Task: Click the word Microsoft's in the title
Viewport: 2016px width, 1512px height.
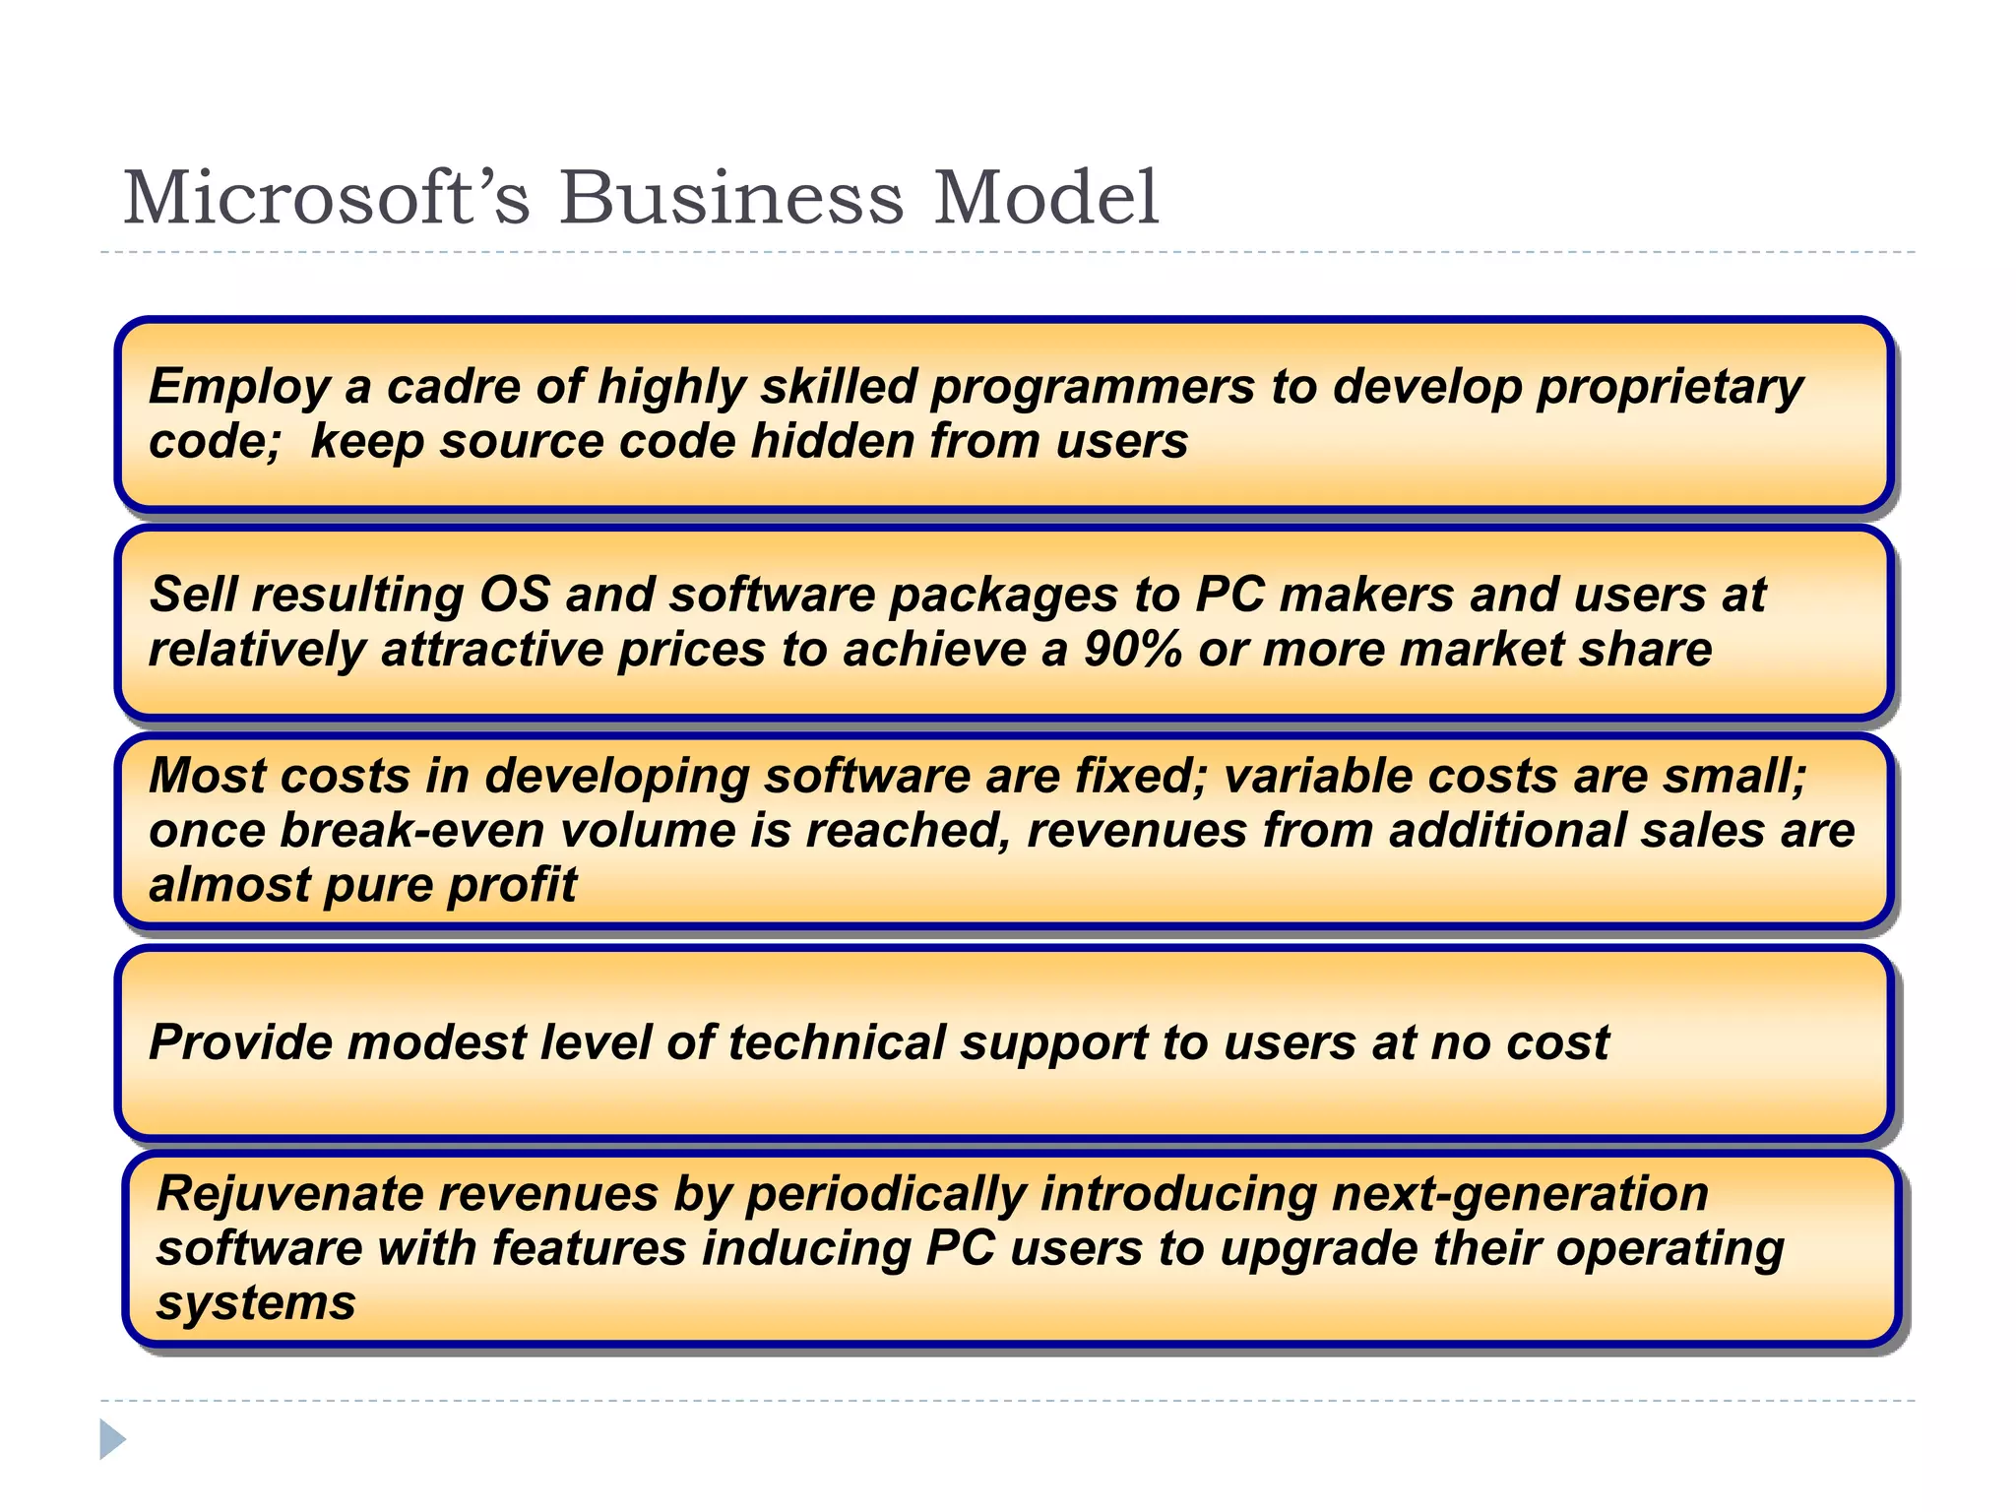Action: (326, 198)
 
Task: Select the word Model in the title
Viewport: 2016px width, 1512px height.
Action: (1045, 198)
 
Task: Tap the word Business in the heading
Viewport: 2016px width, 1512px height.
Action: (730, 198)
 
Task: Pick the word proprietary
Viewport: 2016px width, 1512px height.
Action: (1669, 388)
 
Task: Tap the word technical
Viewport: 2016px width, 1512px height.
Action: (836, 1042)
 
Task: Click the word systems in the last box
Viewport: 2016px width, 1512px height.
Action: (256, 1304)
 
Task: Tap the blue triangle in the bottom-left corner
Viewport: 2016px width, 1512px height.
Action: (112, 1439)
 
